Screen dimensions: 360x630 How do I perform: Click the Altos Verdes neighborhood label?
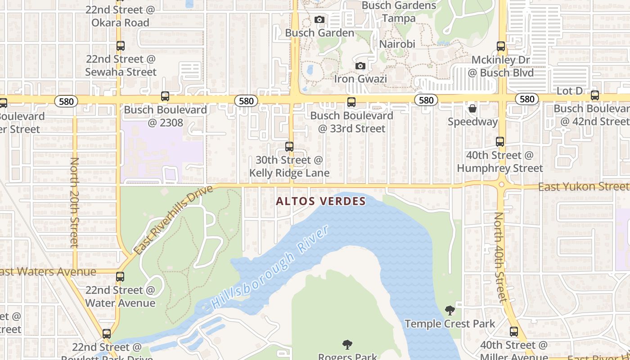tap(320, 201)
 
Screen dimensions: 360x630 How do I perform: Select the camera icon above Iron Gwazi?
tap(360, 66)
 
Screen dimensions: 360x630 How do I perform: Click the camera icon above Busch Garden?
tap(319, 20)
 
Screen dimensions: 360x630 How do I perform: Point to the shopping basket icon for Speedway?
tap(472, 108)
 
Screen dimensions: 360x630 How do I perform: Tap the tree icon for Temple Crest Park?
tap(450, 310)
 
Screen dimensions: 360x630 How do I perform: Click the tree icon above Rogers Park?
tap(347, 345)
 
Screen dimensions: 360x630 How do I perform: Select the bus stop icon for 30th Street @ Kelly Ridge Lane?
tap(289, 146)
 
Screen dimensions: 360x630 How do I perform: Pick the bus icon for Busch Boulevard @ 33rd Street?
tap(351, 102)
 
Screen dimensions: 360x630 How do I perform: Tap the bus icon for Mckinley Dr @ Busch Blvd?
tap(501, 46)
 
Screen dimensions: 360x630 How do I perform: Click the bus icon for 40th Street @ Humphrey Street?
tap(500, 142)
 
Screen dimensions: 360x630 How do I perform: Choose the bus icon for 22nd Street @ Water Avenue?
tap(120, 277)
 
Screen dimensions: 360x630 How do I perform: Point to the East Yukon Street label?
tap(584, 186)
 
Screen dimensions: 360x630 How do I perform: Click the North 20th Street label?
tap(74, 202)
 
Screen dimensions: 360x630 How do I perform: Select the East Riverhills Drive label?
tap(173, 220)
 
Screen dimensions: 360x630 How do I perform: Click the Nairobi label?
tap(397, 44)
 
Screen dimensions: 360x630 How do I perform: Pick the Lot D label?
tap(569, 91)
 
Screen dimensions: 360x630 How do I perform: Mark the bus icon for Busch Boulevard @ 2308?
tap(165, 96)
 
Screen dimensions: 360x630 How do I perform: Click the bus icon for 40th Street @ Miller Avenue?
tap(514, 332)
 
